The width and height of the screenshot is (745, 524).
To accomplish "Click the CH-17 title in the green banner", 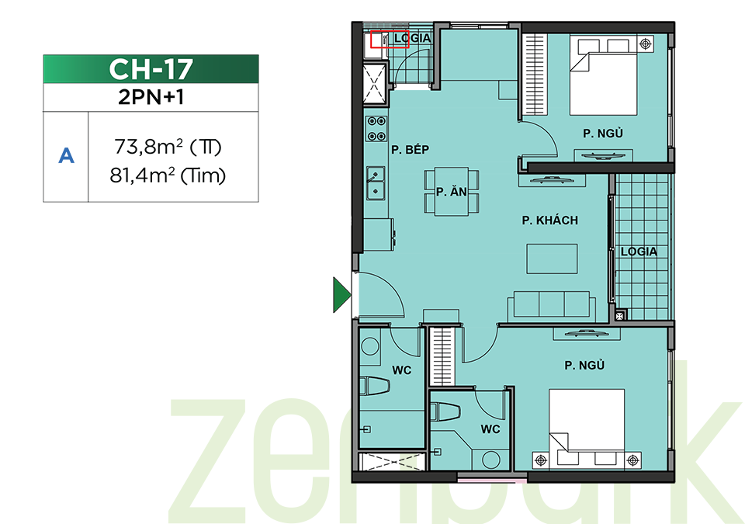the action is point(151,69).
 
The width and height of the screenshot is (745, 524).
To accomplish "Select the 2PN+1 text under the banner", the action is point(151,97).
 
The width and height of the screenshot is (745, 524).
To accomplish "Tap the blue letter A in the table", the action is point(66,156).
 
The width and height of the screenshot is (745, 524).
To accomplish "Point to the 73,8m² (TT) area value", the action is point(168,147).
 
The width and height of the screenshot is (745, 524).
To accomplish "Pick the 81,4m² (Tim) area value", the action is point(168,175).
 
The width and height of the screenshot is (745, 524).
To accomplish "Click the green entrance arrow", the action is point(342,295).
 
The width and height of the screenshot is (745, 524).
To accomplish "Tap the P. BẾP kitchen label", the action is point(410,150).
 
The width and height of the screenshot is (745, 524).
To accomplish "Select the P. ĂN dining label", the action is point(452,192).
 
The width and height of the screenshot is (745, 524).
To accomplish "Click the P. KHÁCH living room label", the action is point(549,220).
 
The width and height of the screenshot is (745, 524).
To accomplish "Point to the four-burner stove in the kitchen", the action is point(376,129).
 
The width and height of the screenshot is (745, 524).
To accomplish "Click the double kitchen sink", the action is point(376,183).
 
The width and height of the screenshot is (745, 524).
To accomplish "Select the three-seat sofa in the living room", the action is point(552,305).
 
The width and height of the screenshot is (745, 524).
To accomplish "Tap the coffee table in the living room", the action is point(552,259).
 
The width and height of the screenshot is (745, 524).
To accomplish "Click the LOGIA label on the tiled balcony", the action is point(639,251).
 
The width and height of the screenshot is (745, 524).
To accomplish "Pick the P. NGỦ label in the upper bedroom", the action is point(603,134).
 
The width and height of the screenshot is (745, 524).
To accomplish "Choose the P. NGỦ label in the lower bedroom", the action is point(584,365).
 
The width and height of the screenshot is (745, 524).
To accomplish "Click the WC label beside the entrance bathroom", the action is point(401,370).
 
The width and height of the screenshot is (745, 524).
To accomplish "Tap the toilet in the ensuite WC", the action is point(445,411).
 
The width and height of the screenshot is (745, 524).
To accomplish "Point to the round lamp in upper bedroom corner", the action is point(645,44).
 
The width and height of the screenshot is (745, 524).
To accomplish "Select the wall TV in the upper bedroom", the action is point(603,155).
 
